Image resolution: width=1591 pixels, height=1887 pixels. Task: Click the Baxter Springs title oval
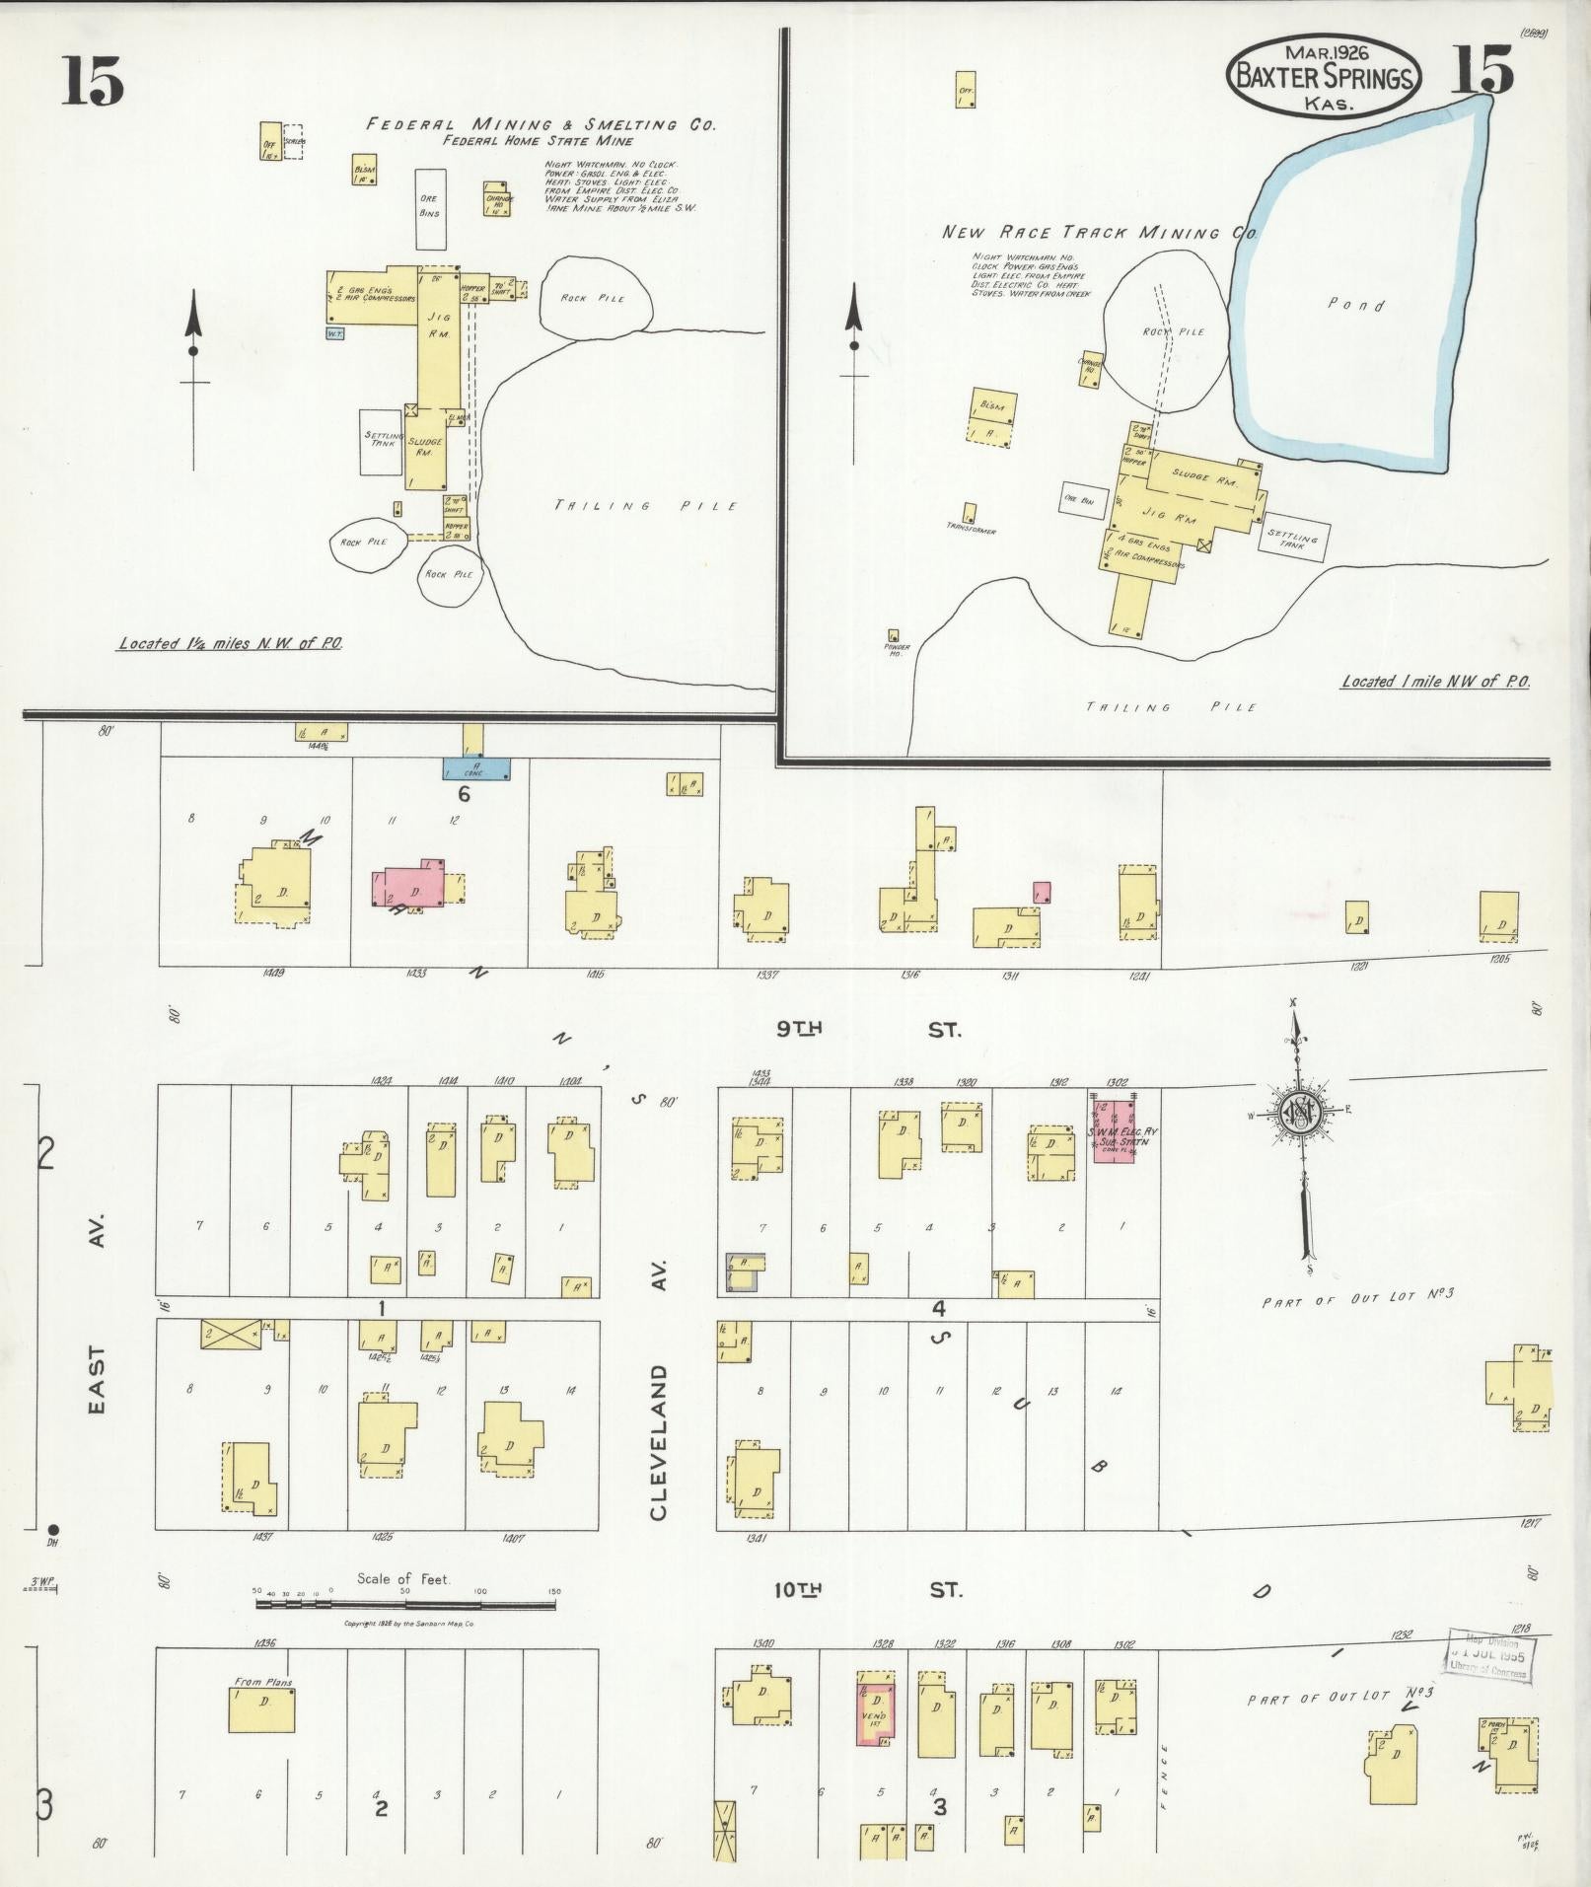pos(1324,76)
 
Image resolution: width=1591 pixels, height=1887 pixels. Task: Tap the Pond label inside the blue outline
pos(1356,305)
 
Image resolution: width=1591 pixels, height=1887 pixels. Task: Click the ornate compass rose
pos(1299,1112)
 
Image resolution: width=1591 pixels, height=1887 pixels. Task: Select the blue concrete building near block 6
pos(476,769)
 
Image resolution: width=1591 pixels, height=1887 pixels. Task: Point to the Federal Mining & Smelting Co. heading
pos(541,125)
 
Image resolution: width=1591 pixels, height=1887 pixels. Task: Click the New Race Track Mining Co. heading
pos(1099,234)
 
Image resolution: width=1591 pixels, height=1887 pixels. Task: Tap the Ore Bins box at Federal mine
pos(429,208)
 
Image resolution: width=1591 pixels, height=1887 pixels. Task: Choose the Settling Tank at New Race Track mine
pos(1293,538)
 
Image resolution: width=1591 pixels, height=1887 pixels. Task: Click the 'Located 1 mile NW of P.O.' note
pos(1434,682)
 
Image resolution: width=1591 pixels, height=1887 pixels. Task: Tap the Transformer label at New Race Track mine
pos(972,531)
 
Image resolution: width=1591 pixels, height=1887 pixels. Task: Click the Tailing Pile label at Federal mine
pos(646,506)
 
